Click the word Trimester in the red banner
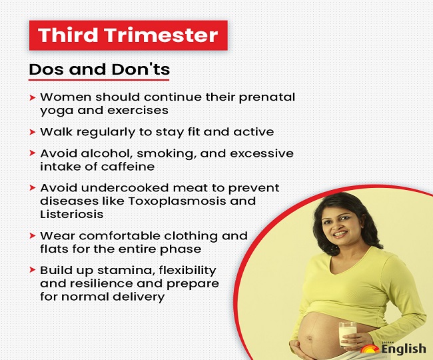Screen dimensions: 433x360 pos(161,35)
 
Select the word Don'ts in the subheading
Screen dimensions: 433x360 pos(141,69)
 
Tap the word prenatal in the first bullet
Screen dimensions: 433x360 pos(266,97)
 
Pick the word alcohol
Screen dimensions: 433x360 pos(107,153)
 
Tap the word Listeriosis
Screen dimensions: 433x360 pos(72,214)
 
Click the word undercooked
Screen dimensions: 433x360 pos(125,188)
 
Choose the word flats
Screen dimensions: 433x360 pos(55,249)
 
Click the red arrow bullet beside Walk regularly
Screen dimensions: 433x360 pos(33,132)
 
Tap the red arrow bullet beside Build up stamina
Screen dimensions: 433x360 pos(33,270)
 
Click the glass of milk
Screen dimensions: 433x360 pos(347,334)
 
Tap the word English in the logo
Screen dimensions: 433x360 pos(404,349)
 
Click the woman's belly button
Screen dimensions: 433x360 pos(310,338)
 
